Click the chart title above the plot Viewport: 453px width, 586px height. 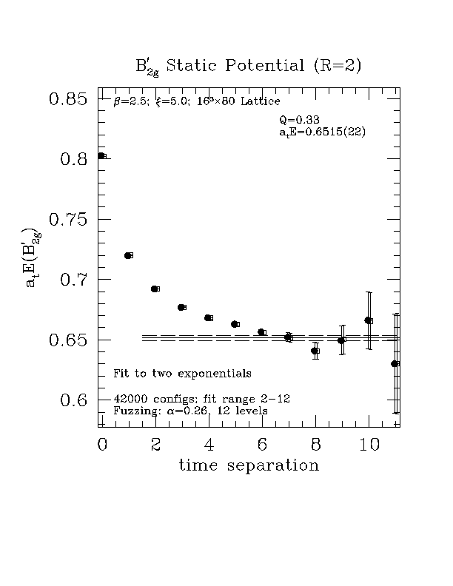[x=249, y=67]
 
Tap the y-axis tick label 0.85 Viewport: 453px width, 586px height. [x=68, y=99]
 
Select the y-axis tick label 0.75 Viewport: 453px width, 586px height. [x=68, y=220]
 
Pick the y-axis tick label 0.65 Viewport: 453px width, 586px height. [x=68, y=340]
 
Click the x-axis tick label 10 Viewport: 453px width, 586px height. [x=369, y=444]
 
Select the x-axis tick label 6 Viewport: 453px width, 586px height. [x=262, y=444]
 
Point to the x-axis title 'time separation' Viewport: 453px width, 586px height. [x=249, y=465]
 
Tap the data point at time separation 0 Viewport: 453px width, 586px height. [x=101, y=155]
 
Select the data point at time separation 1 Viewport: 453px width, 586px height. [x=127, y=255]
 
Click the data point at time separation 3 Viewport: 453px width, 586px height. [x=181, y=307]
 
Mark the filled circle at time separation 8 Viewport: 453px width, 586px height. [x=315, y=351]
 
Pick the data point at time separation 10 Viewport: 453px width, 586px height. [x=368, y=320]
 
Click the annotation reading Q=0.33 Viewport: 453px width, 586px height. [x=300, y=120]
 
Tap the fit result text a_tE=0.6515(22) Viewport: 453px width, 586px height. [x=323, y=132]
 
